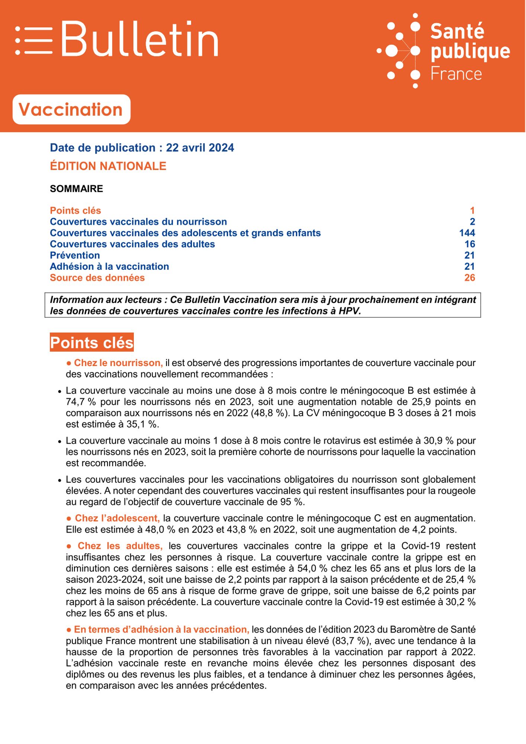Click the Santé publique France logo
click(444, 51)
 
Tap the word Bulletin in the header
click(140, 39)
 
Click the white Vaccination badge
click(71, 109)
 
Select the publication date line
click(142, 148)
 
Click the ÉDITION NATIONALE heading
click(108, 166)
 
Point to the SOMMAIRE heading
click(77, 189)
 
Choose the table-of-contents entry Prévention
click(75, 255)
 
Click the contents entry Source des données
click(97, 278)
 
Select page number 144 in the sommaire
click(467, 233)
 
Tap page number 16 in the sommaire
click(469, 244)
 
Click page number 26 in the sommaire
click(469, 278)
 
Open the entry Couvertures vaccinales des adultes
click(132, 244)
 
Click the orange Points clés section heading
click(92, 342)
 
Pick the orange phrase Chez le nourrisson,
click(118, 363)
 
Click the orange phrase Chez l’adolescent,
click(117, 518)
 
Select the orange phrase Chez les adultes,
click(120, 546)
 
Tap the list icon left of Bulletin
click(34, 40)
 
